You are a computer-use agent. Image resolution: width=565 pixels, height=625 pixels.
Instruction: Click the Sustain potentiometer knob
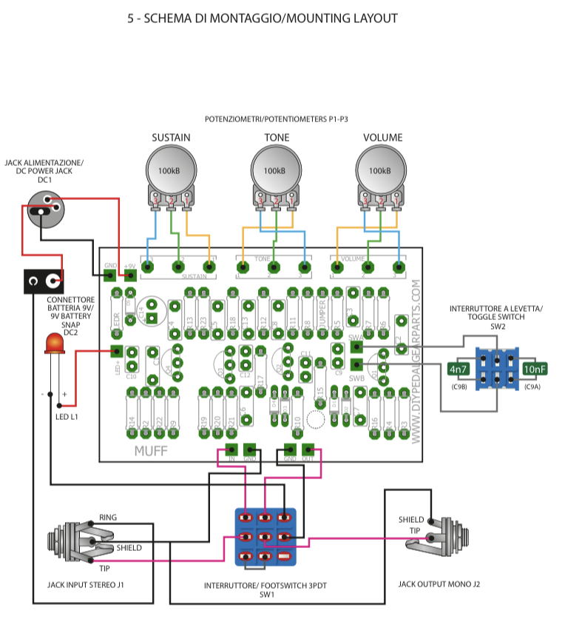(171, 170)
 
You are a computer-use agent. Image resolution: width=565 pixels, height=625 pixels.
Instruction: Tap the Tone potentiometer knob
(276, 170)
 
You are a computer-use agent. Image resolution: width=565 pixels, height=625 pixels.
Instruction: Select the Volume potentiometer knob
(381, 170)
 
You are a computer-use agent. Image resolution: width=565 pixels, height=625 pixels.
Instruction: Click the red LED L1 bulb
(54, 344)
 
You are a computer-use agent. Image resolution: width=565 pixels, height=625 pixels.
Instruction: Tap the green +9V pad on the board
(131, 275)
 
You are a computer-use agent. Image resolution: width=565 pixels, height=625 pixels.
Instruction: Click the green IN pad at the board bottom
(231, 449)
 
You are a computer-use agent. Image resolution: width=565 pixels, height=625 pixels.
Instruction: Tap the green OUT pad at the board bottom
(308, 449)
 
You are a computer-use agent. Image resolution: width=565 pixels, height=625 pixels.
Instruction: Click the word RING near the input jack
(107, 517)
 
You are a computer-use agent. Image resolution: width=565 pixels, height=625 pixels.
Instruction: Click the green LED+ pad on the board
(116, 352)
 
